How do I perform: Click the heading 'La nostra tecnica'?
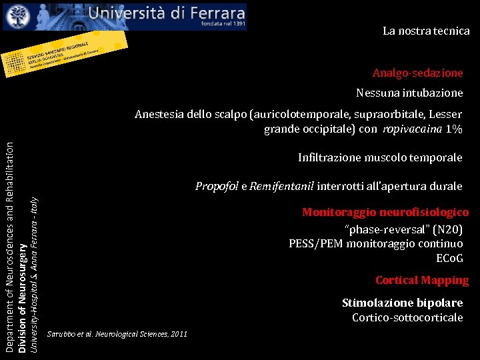click(x=426, y=31)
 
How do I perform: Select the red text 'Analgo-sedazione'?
click(x=417, y=73)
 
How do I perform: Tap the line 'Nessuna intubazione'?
click(x=409, y=93)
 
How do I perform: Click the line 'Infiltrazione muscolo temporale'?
click(x=380, y=158)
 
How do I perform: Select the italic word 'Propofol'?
click(x=217, y=186)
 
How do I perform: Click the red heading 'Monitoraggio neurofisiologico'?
click(x=385, y=212)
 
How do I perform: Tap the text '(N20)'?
click(x=447, y=229)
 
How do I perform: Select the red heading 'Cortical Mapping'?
click(x=422, y=281)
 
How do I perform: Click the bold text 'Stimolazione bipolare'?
click(x=402, y=303)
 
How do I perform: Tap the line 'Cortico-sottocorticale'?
click(x=407, y=317)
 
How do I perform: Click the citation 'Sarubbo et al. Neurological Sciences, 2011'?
click(x=117, y=333)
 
